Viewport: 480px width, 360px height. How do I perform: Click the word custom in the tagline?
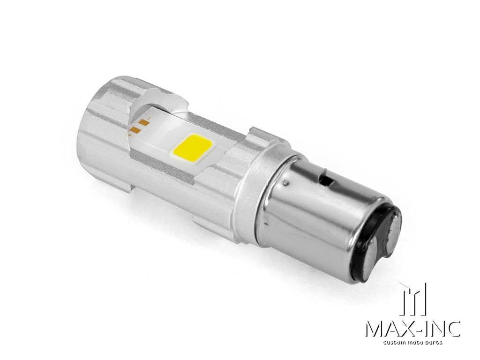(x=395, y=343)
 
